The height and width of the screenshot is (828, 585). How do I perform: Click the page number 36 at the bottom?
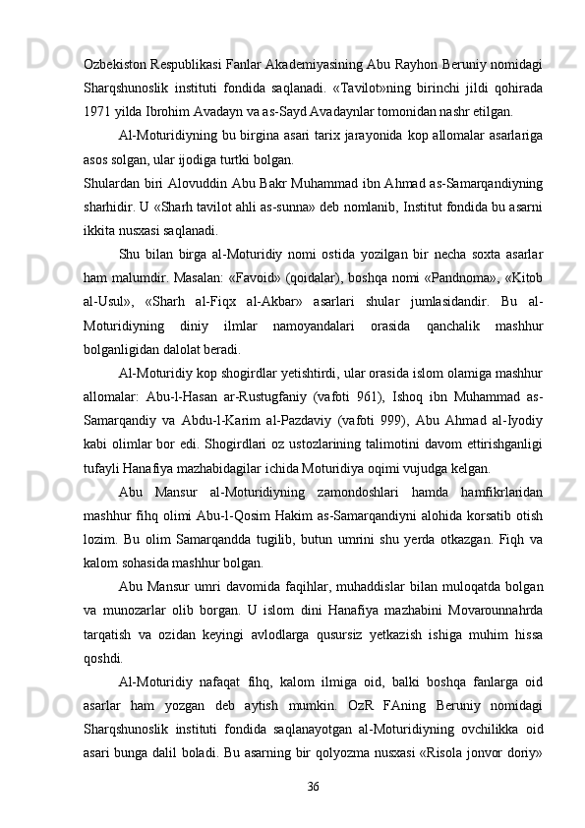313,786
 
